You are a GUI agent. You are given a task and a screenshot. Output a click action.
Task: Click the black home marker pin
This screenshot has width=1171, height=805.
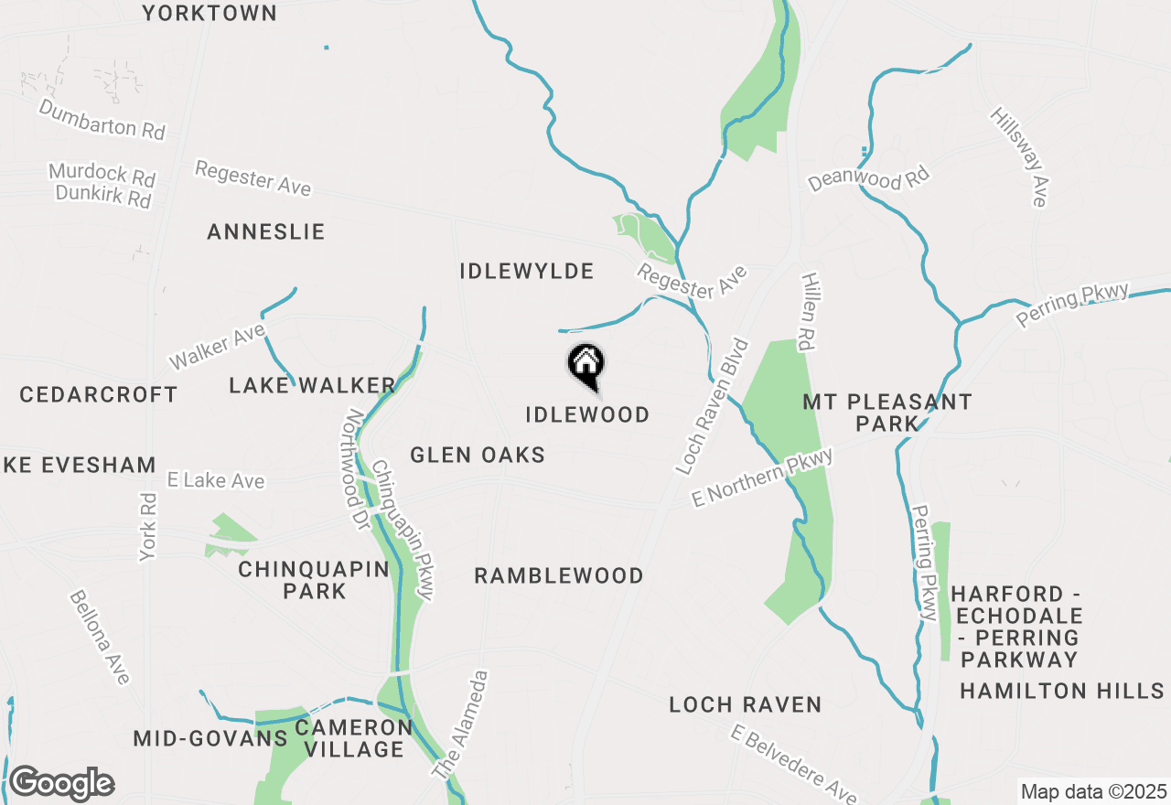click(585, 364)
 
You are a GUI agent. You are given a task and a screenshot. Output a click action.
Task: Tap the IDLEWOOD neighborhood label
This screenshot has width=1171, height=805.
click(587, 414)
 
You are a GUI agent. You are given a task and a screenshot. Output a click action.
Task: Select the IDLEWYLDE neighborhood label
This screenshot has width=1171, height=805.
click(527, 271)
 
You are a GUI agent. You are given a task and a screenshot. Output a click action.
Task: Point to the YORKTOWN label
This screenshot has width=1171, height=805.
click(210, 13)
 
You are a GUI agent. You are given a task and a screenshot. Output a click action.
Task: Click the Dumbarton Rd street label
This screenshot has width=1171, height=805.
click(102, 120)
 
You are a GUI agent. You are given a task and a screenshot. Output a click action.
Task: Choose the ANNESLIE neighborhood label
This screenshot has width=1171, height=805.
click(266, 231)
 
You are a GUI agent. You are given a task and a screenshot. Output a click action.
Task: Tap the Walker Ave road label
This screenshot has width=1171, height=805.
click(217, 347)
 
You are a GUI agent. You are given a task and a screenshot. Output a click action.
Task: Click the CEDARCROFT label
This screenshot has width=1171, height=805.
click(99, 394)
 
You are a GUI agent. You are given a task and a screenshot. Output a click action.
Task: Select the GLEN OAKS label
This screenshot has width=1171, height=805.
click(478, 455)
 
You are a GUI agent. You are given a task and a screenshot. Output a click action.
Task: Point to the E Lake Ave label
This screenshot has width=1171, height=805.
click(216, 480)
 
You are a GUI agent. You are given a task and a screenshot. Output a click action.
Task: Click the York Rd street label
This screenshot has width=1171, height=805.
click(149, 527)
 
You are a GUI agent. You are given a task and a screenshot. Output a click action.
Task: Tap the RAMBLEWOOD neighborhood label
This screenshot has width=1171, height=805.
click(559, 575)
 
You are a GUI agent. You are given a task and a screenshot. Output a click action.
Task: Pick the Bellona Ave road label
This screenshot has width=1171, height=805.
click(100, 638)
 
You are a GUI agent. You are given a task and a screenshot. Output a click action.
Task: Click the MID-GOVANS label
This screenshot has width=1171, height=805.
click(210, 738)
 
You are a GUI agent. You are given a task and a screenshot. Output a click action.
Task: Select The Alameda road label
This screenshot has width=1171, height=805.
click(462, 724)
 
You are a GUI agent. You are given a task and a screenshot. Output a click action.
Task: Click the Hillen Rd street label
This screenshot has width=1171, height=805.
click(809, 311)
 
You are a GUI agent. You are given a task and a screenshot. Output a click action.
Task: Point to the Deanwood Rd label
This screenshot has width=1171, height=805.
click(868, 178)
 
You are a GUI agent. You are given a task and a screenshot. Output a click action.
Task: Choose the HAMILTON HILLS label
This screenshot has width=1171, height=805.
click(1061, 691)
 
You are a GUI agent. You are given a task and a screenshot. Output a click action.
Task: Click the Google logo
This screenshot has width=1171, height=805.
click(61, 784)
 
